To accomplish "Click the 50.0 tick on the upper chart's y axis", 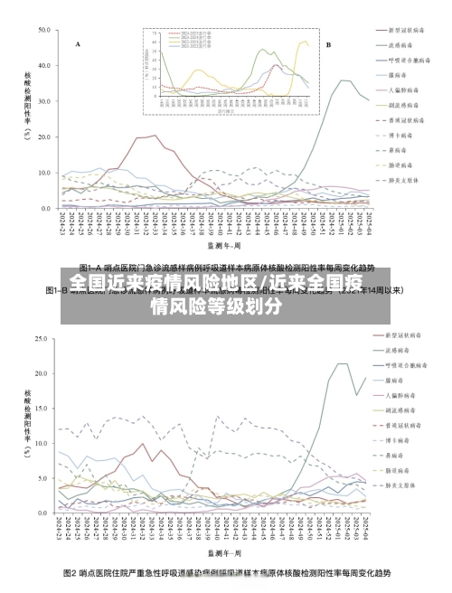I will (43, 30).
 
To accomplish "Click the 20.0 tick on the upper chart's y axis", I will (43, 136).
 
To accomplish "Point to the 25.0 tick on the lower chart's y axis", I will (43, 339).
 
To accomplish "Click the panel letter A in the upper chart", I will (78, 43).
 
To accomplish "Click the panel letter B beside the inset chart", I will (328, 43).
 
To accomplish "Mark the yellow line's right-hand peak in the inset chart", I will (304, 42).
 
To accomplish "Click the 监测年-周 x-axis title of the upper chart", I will (223, 244).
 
